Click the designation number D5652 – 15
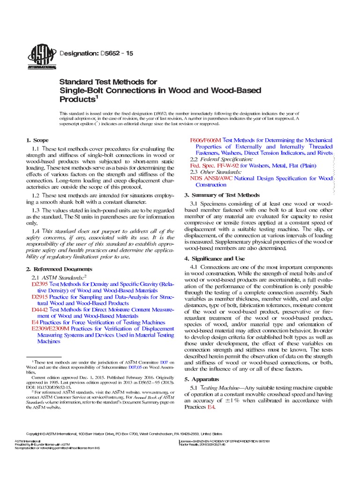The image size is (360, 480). [117, 54]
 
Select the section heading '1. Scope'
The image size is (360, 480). [37, 140]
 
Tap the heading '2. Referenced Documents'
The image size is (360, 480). [59, 269]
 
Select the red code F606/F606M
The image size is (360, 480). [205, 140]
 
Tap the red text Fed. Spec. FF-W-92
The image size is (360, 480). [215, 165]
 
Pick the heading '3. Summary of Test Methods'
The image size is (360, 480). [221, 195]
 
